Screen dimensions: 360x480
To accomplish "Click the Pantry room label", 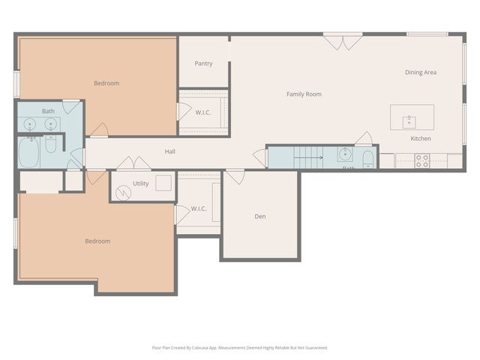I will (x=203, y=64).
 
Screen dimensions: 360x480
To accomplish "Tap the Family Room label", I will (x=304, y=94).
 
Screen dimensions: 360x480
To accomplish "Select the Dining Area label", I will (x=421, y=73).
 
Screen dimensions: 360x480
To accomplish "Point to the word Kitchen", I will (x=420, y=139).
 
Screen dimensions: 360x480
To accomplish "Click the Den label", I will (x=260, y=217).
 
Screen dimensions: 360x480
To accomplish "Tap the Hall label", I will (x=170, y=151).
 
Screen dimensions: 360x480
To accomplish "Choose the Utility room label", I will (x=141, y=183).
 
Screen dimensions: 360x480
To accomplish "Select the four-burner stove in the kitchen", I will (x=422, y=160).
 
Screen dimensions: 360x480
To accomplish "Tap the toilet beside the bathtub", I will (x=51, y=143).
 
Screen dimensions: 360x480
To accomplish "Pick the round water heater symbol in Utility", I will (x=125, y=193).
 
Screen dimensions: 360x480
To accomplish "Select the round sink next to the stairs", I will (x=346, y=156).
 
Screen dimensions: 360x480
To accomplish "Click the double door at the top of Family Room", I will (x=343, y=42).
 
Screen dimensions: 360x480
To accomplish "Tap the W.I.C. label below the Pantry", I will (x=202, y=112).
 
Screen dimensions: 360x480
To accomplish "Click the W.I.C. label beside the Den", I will (x=198, y=208).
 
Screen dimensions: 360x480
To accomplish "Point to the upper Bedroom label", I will (x=106, y=83).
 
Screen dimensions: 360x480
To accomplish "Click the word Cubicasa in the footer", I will (x=201, y=347).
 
